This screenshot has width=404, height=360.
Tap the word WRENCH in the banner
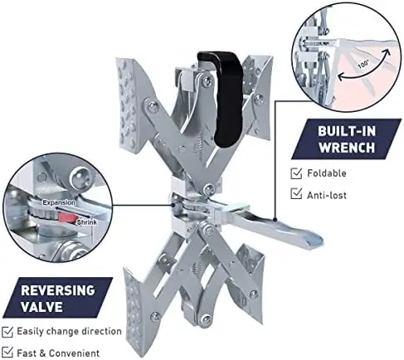click(x=347, y=147)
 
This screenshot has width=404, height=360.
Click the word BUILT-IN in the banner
click(x=347, y=131)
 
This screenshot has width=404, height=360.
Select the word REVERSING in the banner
click(x=58, y=290)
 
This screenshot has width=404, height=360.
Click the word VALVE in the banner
click(x=41, y=307)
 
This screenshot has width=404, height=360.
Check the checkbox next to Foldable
click(x=296, y=173)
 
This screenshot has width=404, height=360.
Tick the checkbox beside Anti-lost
click(x=296, y=193)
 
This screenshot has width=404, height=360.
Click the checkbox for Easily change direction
click(x=7, y=332)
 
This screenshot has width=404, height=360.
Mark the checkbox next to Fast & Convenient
click(x=7, y=352)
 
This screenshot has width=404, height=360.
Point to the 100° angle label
click(x=363, y=65)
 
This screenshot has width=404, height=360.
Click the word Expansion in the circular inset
click(x=59, y=202)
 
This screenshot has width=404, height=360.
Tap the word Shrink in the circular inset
click(x=87, y=222)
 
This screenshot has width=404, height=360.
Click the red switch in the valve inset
click(x=67, y=217)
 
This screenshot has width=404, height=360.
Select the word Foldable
click(x=327, y=173)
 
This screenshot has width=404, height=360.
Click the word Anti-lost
click(x=327, y=195)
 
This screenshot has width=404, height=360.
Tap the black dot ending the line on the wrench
click(x=275, y=220)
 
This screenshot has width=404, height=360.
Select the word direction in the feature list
click(x=101, y=331)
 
